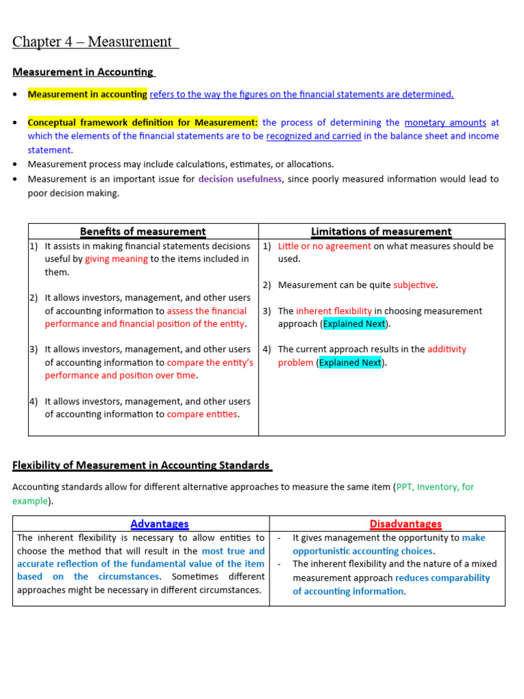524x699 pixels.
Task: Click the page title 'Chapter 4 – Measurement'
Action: click(x=95, y=42)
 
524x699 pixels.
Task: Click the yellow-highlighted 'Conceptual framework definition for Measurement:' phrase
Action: click(x=143, y=123)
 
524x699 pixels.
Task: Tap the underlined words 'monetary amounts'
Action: click(x=445, y=123)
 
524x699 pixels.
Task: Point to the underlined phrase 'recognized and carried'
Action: click(x=313, y=136)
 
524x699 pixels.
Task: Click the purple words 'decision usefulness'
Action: click(x=239, y=180)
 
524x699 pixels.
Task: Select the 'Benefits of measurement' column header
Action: click(x=143, y=231)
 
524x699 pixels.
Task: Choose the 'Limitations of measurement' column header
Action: click(x=381, y=231)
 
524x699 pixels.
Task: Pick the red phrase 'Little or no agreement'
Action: click(x=325, y=246)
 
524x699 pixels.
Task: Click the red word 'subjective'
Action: click(x=414, y=285)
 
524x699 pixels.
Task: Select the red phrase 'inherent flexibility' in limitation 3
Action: click(x=334, y=311)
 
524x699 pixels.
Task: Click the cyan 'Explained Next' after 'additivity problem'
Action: click(x=351, y=362)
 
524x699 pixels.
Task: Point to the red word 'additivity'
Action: click(x=447, y=349)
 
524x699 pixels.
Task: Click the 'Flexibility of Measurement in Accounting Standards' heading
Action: click(x=142, y=466)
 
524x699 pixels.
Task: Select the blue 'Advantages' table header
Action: click(x=159, y=524)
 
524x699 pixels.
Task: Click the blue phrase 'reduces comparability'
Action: click(x=442, y=577)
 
